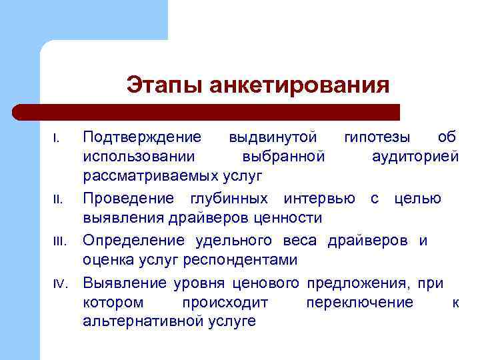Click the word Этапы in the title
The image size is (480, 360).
(x=164, y=86)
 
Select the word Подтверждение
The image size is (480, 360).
(x=141, y=137)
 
